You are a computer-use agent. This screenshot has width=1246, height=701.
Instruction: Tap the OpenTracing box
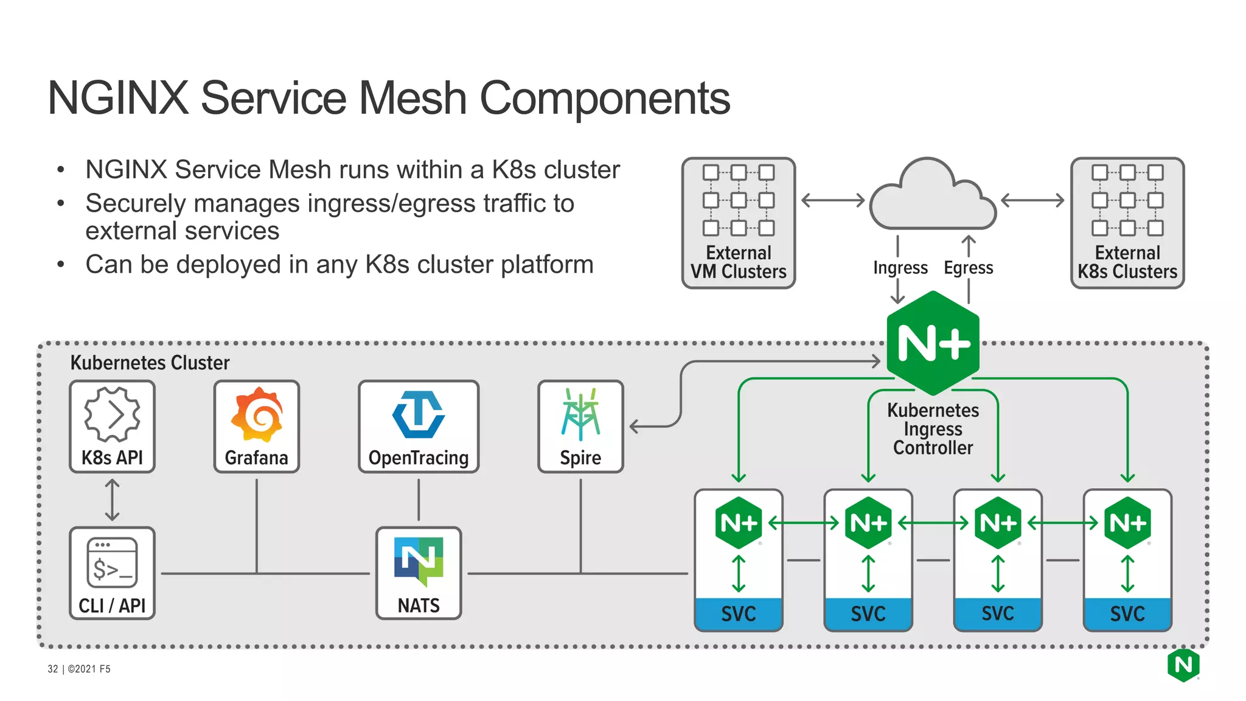(x=419, y=427)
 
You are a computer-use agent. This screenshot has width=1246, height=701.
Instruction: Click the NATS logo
(x=419, y=560)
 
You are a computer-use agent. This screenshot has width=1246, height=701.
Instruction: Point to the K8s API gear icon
(x=112, y=414)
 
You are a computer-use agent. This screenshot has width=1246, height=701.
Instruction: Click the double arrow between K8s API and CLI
(x=112, y=500)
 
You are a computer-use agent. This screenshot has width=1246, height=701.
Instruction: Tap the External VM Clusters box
(x=739, y=223)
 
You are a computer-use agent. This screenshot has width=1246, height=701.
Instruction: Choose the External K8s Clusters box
(x=1127, y=223)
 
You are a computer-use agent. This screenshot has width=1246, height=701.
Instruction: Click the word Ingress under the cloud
(x=900, y=268)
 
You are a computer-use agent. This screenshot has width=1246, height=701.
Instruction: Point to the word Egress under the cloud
(x=968, y=268)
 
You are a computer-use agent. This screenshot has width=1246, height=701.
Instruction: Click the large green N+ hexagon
(x=933, y=343)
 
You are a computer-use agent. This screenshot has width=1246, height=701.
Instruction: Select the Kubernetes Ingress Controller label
(x=933, y=429)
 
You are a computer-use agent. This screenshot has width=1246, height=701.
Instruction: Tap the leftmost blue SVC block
(x=739, y=613)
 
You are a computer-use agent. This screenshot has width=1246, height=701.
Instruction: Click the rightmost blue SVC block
(x=1127, y=613)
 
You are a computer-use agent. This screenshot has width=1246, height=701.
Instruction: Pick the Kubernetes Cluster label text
(x=150, y=363)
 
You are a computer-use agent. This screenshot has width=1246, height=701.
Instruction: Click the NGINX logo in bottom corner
(x=1183, y=665)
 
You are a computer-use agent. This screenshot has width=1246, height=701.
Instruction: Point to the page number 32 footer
(x=53, y=669)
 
